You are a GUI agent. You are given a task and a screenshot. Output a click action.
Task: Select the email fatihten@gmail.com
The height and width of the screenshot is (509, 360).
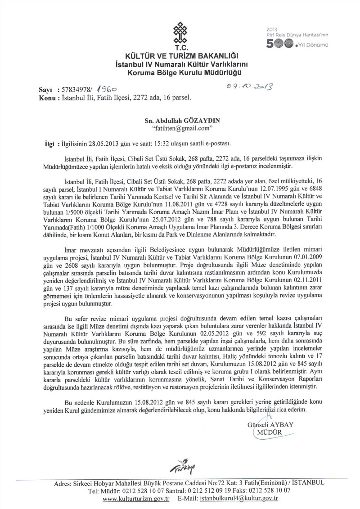point(182,128)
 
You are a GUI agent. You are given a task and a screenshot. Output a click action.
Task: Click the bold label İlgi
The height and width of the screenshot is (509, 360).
point(47,143)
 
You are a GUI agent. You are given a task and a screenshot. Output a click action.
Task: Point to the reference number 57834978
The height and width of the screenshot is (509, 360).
point(76,90)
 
